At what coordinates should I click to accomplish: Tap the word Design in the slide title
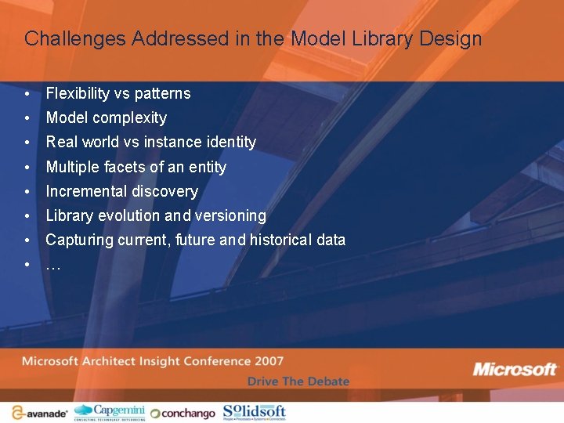tap(454, 38)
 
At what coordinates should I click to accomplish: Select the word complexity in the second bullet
tap(129, 118)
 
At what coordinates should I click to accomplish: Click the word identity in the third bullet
tap(230, 142)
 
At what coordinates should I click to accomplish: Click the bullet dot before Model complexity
tap(27, 118)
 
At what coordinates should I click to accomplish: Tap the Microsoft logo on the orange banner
tap(515, 369)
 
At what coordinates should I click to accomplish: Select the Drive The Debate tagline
tap(298, 381)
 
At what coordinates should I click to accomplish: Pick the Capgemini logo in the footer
tap(109, 412)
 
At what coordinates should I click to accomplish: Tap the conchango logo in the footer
tap(182, 413)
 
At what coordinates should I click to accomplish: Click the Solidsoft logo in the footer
tap(255, 412)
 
